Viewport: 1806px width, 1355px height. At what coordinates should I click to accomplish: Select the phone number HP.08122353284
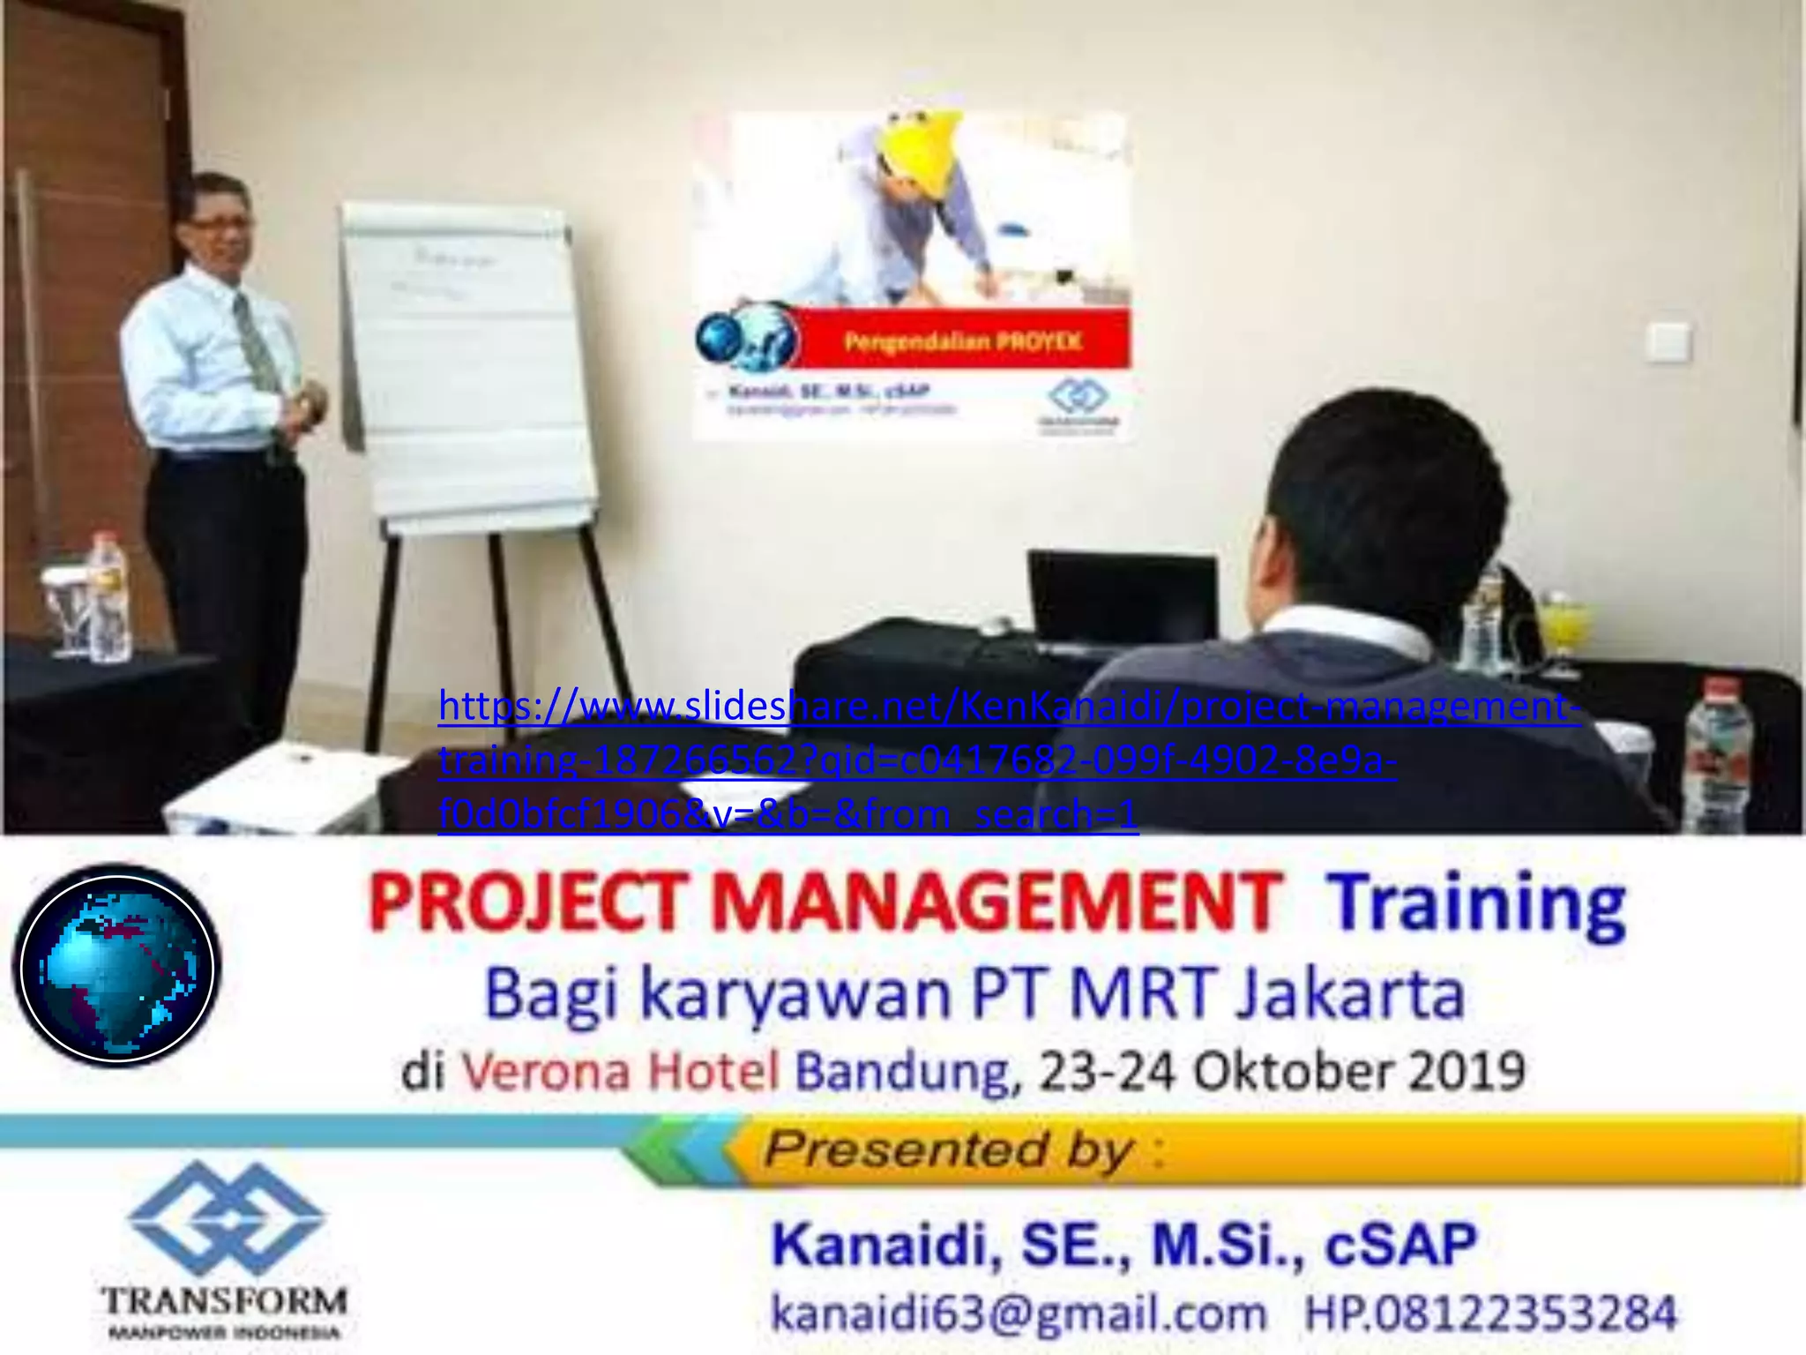tap(1489, 1312)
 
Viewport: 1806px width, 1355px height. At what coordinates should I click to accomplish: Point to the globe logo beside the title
tap(116, 966)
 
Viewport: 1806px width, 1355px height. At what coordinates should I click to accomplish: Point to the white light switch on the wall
tap(1668, 341)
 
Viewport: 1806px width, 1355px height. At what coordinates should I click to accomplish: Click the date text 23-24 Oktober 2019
tap(1281, 1070)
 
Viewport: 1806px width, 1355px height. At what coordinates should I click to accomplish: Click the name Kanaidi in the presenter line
tap(884, 1244)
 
